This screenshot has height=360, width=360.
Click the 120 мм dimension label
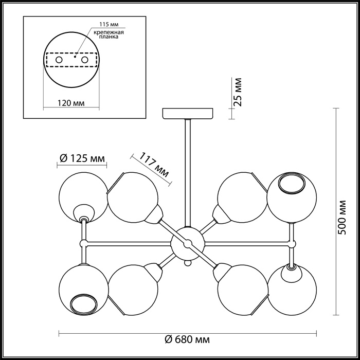(x=71, y=103)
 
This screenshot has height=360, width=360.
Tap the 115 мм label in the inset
(x=109, y=24)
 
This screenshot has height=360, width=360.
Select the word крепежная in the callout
(x=109, y=32)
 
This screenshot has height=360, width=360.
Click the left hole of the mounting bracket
(x=59, y=60)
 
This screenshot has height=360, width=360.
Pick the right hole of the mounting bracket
(x=85, y=60)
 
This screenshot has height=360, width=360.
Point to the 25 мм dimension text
(x=239, y=92)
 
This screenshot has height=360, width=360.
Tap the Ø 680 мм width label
(x=187, y=339)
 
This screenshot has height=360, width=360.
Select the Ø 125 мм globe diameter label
(x=82, y=158)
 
